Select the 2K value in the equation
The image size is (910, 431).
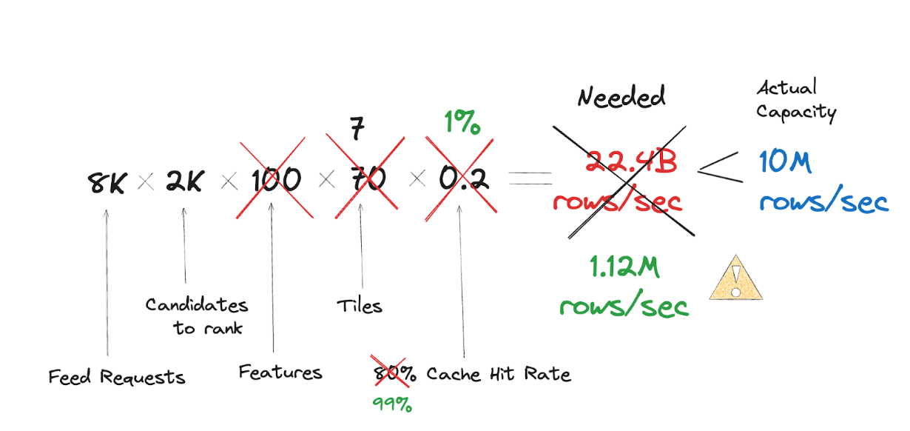pyautogui.click(x=184, y=181)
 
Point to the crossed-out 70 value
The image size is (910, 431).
pyautogui.click(x=365, y=180)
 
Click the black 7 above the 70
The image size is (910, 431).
pyautogui.click(x=357, y=130)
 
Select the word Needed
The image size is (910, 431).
pyautogui.click(x=621, y=97)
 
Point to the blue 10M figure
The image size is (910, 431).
pyautogui.click(x=785, y=163)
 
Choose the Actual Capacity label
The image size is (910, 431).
pyautogui.click(x=796, y=100)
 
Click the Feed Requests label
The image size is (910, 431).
pyautogui.click(x=116, y=377)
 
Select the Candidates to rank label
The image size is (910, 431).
pyautogui.click(x=197, y=315)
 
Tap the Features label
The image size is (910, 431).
pyautogui.click(x=280, y=372)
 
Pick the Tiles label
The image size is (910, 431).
pyautogui.click(x=360, y=306)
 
